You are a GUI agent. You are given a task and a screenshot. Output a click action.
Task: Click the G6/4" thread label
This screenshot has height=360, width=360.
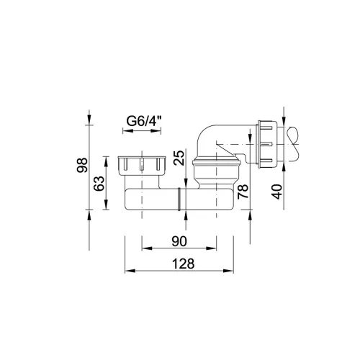point(144,121)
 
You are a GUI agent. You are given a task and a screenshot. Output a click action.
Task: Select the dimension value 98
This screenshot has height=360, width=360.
point(82,165)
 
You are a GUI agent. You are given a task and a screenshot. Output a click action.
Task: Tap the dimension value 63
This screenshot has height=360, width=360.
point(99,184)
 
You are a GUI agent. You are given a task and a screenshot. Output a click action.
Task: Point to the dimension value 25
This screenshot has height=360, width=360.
point(179,158)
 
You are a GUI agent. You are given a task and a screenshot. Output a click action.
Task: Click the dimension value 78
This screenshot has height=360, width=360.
point(243,192)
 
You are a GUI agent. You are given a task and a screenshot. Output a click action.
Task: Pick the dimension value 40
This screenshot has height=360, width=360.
point(276,192)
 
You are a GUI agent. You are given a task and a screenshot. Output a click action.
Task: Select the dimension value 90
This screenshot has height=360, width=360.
point(179,241)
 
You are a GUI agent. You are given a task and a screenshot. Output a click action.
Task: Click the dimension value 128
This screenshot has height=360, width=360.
point(184,264)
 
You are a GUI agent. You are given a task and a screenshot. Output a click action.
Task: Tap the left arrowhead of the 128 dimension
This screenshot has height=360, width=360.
point(130,271)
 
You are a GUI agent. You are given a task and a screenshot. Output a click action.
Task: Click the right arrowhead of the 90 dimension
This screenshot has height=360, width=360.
point(212,248)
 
